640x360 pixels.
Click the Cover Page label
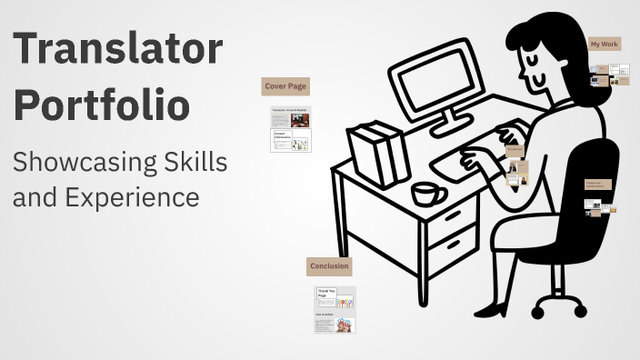[285, 86]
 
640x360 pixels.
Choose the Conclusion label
[329, 265]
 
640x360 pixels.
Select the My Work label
[605, 44]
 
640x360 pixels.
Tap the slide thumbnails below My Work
[609, 75]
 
